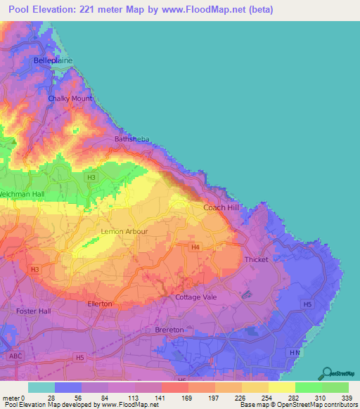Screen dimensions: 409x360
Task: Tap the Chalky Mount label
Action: (70, 98)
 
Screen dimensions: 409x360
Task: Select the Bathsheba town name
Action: (130, 139)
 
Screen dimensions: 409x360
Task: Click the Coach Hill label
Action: (221, 208)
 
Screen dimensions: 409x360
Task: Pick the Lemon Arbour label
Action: (102, 231)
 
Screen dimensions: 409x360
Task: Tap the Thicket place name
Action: (256, 260)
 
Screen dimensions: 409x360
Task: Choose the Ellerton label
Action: (100, 304)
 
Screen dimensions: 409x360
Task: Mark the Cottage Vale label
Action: (196, 297)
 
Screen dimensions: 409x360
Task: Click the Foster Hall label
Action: (34, 311)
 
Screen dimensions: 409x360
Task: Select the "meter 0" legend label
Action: (14, 398)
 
